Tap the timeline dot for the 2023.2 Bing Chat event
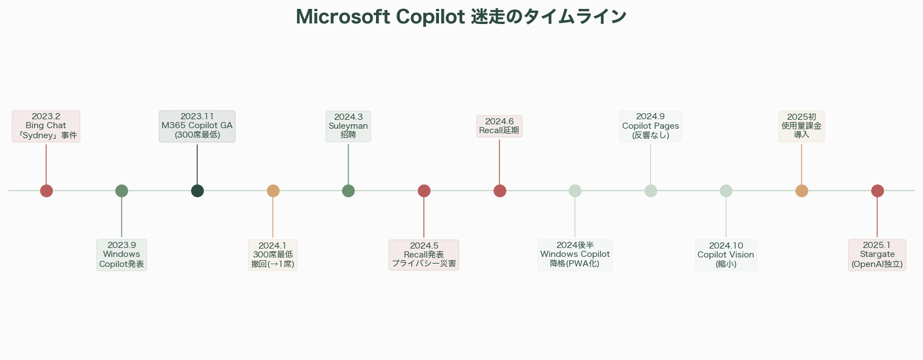(x=46, y=191)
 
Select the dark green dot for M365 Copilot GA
(x=197, y=191)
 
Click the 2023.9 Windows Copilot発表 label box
(x=121, y=255)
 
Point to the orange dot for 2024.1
(x=273, y=191)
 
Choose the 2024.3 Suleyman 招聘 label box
(x=348, y=126)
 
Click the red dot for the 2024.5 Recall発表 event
(x=424, y=191)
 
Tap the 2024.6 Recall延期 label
(x=499, y=126)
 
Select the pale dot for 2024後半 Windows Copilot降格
(x=575, y=191)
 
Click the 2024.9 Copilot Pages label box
(x=650, y=126)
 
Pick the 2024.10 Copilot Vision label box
(x=726, y=255)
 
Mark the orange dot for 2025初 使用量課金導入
(x=802, y=191)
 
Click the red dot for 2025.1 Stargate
(x=877, y=191)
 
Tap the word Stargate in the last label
(x=877, y=254)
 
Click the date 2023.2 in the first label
(x=46, y=116)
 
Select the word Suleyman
(x=348, y=126)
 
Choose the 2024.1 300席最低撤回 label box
(x=273, y=255)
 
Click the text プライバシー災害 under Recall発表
(x=424, y=264)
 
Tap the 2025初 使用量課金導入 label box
(x=802, y=126)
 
